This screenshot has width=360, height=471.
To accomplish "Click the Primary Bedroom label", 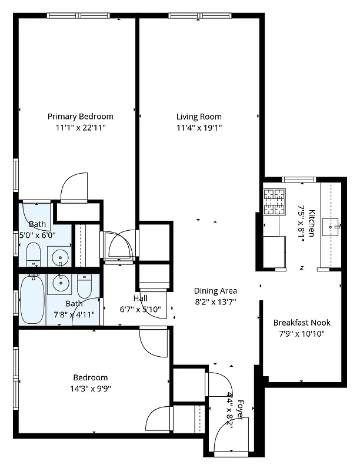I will pyautogui.click(x=80, y=117).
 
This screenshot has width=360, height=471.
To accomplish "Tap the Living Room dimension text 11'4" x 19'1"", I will pyautogui.click(x=199, y=128).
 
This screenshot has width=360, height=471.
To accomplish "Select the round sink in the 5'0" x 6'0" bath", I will pyautogui.click(x=59, y=257).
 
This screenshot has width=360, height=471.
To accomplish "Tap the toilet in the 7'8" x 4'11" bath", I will pyautogui.click(x=85, y=286).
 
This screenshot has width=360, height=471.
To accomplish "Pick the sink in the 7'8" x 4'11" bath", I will pyautogui.click(x=60, y=283).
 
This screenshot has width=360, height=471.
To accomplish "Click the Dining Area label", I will pyautogui.click(x=216, y=291).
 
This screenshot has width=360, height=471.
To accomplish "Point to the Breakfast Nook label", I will pyautogui.click(x=302, y=323).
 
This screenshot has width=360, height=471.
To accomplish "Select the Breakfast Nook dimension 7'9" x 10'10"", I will pyautogui.click(x=302, y=334).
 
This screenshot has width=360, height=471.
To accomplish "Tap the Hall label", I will pyautogui.click(x=140, y=298).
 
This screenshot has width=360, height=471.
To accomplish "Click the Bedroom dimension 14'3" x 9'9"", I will pyautogui.click(x=90, y=389).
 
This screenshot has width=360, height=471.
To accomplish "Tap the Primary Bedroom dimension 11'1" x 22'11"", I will pyautogui.click(x=80, y=128).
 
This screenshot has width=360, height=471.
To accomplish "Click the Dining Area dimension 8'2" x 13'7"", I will pyautogui.click(x=216, y=302).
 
